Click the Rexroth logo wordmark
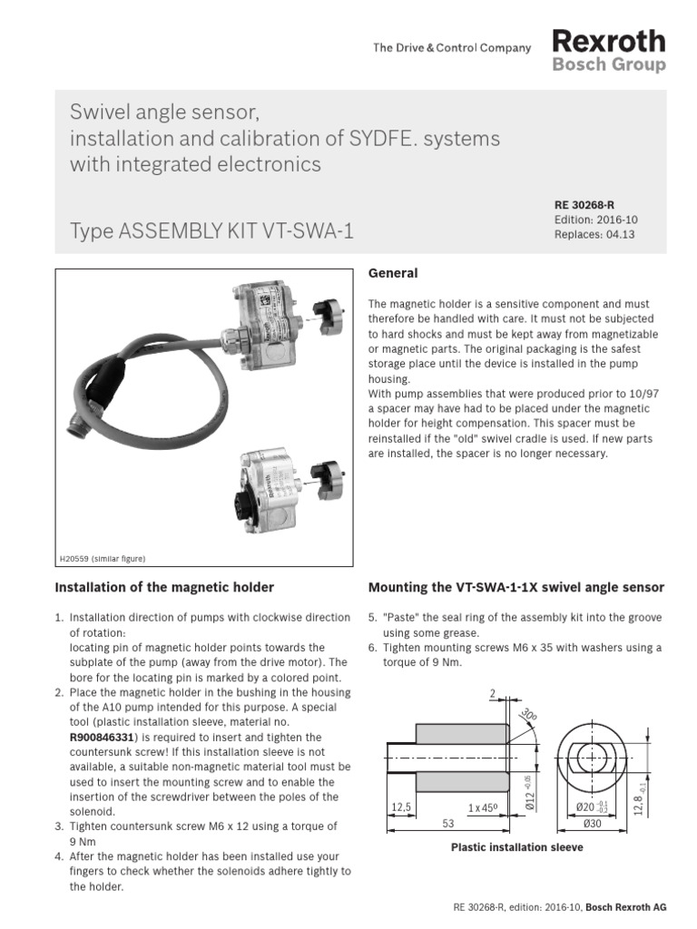pos(608,41)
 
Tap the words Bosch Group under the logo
pos(608,65)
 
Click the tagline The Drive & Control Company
pos(451,48)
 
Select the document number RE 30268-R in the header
pos(584,206)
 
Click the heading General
pos(392,273)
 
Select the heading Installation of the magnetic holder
pos(164,588)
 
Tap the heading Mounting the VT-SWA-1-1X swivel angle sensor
pos(515,588)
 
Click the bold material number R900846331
pos(108,738)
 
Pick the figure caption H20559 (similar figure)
pos(102,559)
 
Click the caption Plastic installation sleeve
pos(516,847)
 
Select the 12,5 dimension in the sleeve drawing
pos(402,807)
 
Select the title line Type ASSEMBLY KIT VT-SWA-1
pos(211,231)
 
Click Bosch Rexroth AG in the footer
pos(625,907)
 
